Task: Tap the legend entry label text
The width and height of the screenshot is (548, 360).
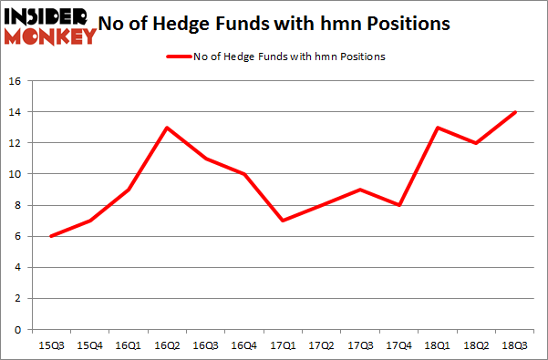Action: [290, 57]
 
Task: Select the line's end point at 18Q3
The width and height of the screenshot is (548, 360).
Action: [516, 112]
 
